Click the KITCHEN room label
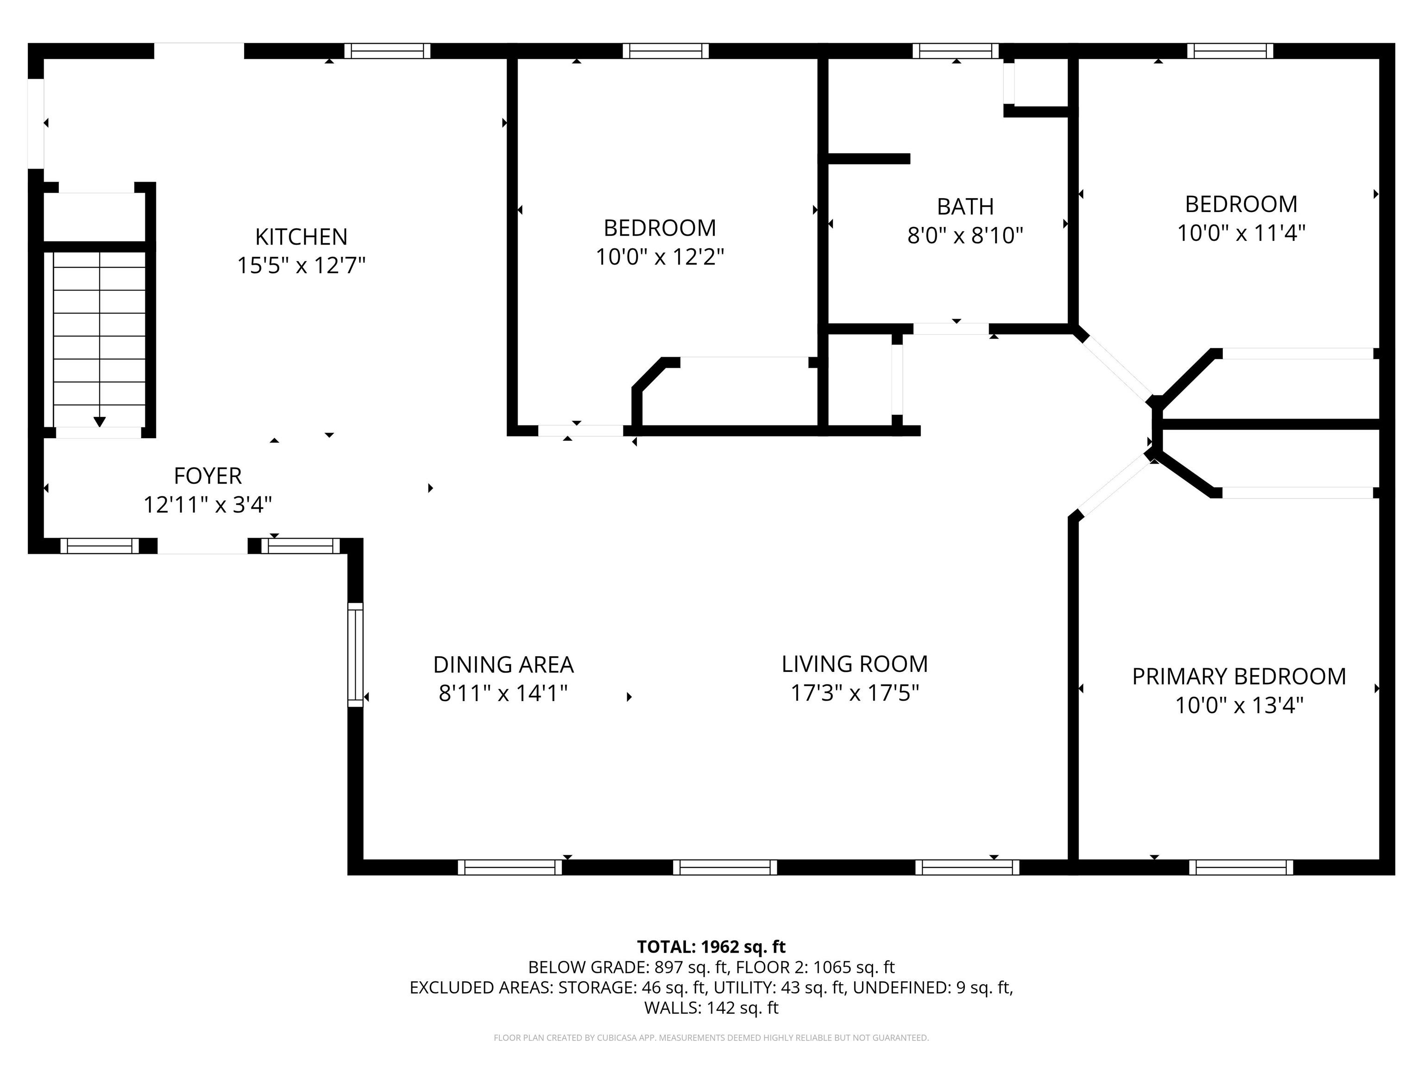pos(301,237)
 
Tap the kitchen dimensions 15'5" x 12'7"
pos(301,265)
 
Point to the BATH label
pos(965,207)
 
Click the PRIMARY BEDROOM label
pos(1238,677)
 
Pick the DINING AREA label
pos(503,665)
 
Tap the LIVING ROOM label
pos(854,664)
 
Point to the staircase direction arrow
pos(100,421)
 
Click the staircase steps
pos(100,334)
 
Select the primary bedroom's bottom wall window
pos(1240,867)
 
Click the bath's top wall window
pos(955,51)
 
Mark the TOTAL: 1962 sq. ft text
pos(711,947)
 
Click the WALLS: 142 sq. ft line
pos(711,1008)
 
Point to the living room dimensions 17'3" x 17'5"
pos(854,693)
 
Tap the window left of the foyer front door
pos(100,546)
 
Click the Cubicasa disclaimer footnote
pos(711,1037)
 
